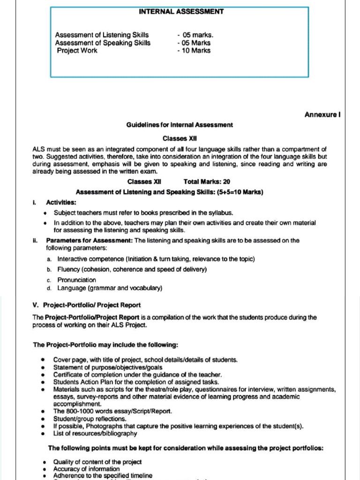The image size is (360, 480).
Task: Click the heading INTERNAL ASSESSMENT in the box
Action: tap(181, 11)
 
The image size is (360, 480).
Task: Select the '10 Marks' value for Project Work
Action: tap(195, 51)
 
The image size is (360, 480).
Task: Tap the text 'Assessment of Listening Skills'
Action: tap(102, 35)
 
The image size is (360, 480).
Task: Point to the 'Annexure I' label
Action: tap(322, 114)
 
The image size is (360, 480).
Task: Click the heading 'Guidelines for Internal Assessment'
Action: tap(180, 125)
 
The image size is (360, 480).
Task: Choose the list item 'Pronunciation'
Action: tap(76, 280)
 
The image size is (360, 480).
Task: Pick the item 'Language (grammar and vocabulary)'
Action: tap(110, 288)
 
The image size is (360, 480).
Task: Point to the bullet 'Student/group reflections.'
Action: tap(90, 419)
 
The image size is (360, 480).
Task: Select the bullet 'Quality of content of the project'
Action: tap(97, 462)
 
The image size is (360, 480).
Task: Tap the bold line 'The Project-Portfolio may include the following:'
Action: tap(105, 345)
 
